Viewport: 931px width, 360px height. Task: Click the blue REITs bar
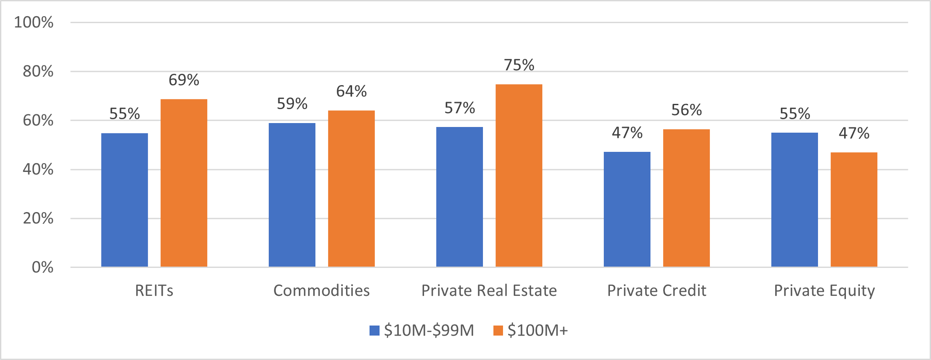tap(124, 200)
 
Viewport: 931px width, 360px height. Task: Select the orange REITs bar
tap(184, 183)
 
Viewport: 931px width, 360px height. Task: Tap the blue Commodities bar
tap(292, 195)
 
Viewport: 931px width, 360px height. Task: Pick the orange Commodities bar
tap(351, 189)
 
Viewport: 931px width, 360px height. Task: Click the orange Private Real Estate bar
tap(519, 175)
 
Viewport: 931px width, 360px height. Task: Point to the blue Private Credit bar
tap(627, 209)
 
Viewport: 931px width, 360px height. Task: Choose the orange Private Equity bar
tap(854, 209)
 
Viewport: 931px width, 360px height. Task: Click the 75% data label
tap(519, 65)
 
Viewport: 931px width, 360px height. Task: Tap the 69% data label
tap(184, 80)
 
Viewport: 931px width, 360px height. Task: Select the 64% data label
tap(351, 91)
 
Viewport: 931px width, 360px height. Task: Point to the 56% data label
tap(686, 110)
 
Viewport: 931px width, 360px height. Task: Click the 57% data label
tap(459, 108)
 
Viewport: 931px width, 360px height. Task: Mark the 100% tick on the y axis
tap(34, 22)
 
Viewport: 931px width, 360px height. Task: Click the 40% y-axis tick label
tap(38, 169)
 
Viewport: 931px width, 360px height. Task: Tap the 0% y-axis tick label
tap(42, 267)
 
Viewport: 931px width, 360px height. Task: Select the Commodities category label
tap(322, 291)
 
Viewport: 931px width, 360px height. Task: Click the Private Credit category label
tap(657, 291)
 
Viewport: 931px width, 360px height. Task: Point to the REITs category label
tap(154, 291)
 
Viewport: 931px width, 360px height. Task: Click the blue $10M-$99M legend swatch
tap(374, 330)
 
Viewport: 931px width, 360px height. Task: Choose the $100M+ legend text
tap(537, 330)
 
